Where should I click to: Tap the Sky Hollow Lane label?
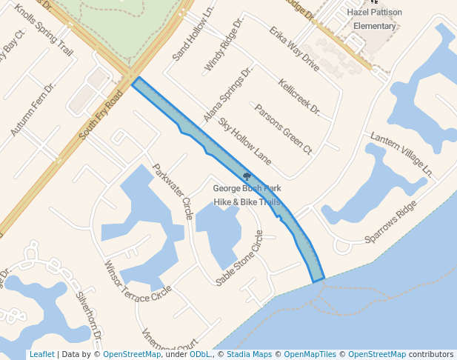[x=244, y=141]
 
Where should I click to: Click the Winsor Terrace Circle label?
[x=137, y=281]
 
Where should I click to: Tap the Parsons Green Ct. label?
[x=284, y=128]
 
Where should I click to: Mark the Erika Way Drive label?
[x=294, y=49]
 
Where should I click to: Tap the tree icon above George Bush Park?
[x=247, y=176]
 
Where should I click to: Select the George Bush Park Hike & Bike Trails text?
[x=247, y=195]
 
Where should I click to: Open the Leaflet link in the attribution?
[x=41, y=354]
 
